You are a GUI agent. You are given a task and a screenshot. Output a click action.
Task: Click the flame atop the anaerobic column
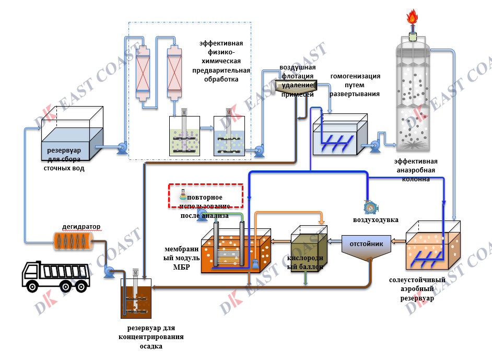tap(413, 18)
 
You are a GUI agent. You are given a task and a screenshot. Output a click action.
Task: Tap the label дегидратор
tap(81, 226)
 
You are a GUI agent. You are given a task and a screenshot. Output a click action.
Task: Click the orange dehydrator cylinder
tap(73, 241)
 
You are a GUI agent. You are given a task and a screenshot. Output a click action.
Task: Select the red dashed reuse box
tap(206, 195)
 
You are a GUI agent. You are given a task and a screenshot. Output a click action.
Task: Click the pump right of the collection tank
tap(122, 149)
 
